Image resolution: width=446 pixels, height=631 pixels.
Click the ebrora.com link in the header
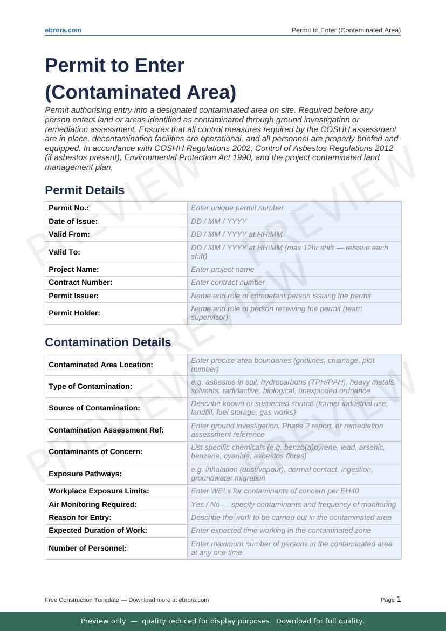point(63,30)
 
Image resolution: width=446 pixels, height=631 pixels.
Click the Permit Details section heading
point(85,190)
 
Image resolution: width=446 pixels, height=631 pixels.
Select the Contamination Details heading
point(108,342)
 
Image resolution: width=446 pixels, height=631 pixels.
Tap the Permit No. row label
point(68,208)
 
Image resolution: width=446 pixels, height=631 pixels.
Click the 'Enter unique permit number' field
point(294,208)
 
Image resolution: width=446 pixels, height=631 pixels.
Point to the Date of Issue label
point(73,221)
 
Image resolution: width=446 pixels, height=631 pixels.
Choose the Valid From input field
point(294,234)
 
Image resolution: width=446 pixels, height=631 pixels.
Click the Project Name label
point(74,269)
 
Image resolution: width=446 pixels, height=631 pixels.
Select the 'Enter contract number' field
point(294,282)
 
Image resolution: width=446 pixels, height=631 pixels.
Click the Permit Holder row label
point(74,313)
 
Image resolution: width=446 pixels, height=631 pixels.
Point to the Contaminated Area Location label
point(101,365)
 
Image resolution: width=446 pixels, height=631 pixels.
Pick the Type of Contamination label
point(90,386)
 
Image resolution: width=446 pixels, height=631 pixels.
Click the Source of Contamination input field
point(294,408)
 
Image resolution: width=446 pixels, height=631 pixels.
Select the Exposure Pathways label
point(85,474)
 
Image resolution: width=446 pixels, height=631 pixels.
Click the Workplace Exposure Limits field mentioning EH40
point(294,491)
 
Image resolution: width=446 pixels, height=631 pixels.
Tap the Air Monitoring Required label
point(92,504)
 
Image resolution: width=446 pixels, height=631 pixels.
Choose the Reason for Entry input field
point(294,517)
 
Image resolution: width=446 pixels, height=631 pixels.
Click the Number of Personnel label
point(87,548)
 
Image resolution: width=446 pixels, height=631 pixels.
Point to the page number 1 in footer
point(399,599)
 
